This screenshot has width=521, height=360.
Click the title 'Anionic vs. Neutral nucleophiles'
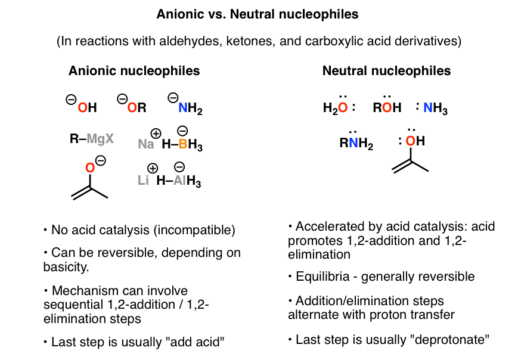pos(260,13)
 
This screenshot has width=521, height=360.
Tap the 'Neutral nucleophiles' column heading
pos(386,71)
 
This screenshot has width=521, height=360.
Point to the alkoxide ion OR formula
pos(134,107)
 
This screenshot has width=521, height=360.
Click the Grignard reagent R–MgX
pos(91,139)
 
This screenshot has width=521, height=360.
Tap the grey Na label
pos(146,144)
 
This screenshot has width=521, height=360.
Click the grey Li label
pos(143,181)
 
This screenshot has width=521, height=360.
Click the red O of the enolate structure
pos(90,168)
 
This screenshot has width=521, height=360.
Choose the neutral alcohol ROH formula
pos(387,108)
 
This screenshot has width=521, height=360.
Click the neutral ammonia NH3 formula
pos(435,108)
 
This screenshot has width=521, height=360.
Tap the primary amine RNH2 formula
pos(356,144)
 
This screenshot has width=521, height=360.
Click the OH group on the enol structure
pos(415,141)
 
